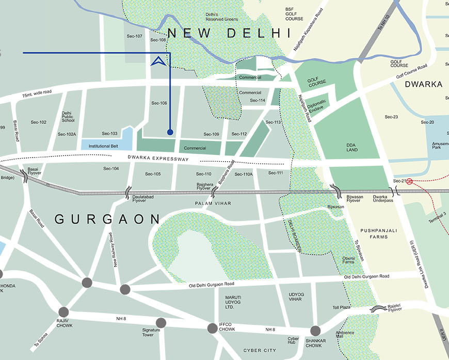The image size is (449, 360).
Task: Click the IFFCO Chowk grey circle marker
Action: [x=212, y=328]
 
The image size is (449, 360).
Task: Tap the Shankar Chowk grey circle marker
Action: [x=315, y=331]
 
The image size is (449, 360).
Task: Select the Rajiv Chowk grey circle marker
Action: [x=63, y=312]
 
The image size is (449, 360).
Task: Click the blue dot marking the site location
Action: [x=170, y=132]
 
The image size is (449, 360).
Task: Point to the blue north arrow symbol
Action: [x=159, y=61]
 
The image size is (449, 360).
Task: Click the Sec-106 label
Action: [x=159, y=103]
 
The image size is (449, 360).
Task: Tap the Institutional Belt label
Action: [x=103, y=146]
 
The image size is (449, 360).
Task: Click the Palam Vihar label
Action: [x=213, y=204]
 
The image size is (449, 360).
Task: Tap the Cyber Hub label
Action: [x=293, y=341]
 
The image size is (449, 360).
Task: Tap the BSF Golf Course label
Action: [x=294, y=14]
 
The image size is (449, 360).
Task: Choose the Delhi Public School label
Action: [x=68, y=117]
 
